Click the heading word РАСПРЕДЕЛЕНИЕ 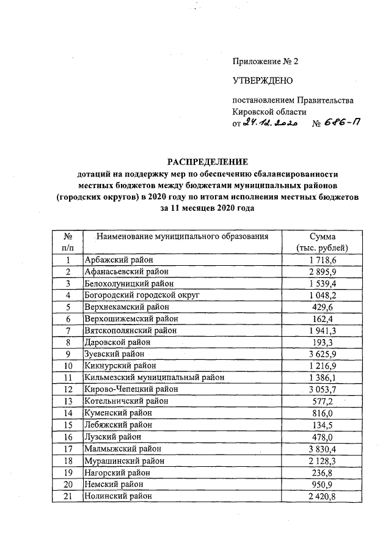point(208,162)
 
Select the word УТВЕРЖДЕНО point(263,81)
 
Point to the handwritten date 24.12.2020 point(269,123)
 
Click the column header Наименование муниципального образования point(177,236)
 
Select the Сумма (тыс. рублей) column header point(321,242)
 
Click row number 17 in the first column point(69,449)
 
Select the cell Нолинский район point(117,496)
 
